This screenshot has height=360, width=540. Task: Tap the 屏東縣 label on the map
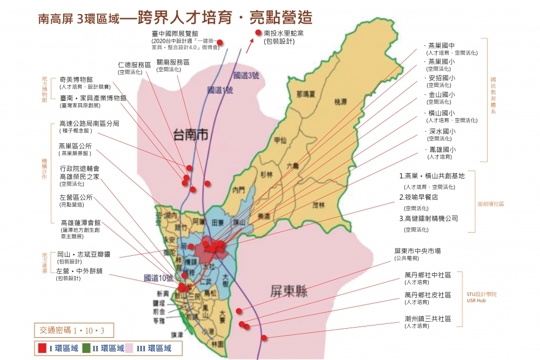pos(289,292)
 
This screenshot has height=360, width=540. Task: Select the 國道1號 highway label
pos(220,90)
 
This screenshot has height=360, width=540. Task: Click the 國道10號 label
pos(158,278)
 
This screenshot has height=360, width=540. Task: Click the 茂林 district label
pos(319,205)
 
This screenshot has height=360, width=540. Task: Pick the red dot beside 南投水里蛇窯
pos(258,33)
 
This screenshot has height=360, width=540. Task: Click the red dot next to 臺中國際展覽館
pos(220,42)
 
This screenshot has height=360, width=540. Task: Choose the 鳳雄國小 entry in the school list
pos(442,150)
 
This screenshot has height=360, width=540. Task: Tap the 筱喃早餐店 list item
pos(426,197)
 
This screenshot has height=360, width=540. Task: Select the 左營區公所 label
pos(76,197)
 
